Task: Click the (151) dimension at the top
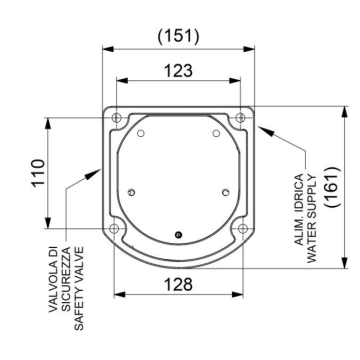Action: coord(178,36)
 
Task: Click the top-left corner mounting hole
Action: coord(118,118)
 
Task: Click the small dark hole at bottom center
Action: coord(177,235)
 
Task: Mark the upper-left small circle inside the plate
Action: coord(141,133)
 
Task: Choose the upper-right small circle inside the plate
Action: coord(216,133)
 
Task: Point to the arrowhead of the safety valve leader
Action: coord(98,170)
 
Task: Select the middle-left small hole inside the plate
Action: coord(132,189)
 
